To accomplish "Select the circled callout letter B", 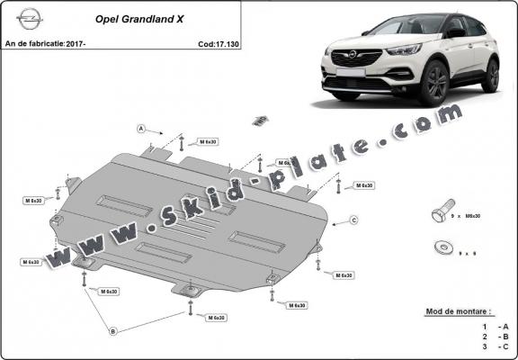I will coord(113,332).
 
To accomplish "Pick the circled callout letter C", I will coord(354,220).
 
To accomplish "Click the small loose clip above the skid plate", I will coord(259,120).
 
